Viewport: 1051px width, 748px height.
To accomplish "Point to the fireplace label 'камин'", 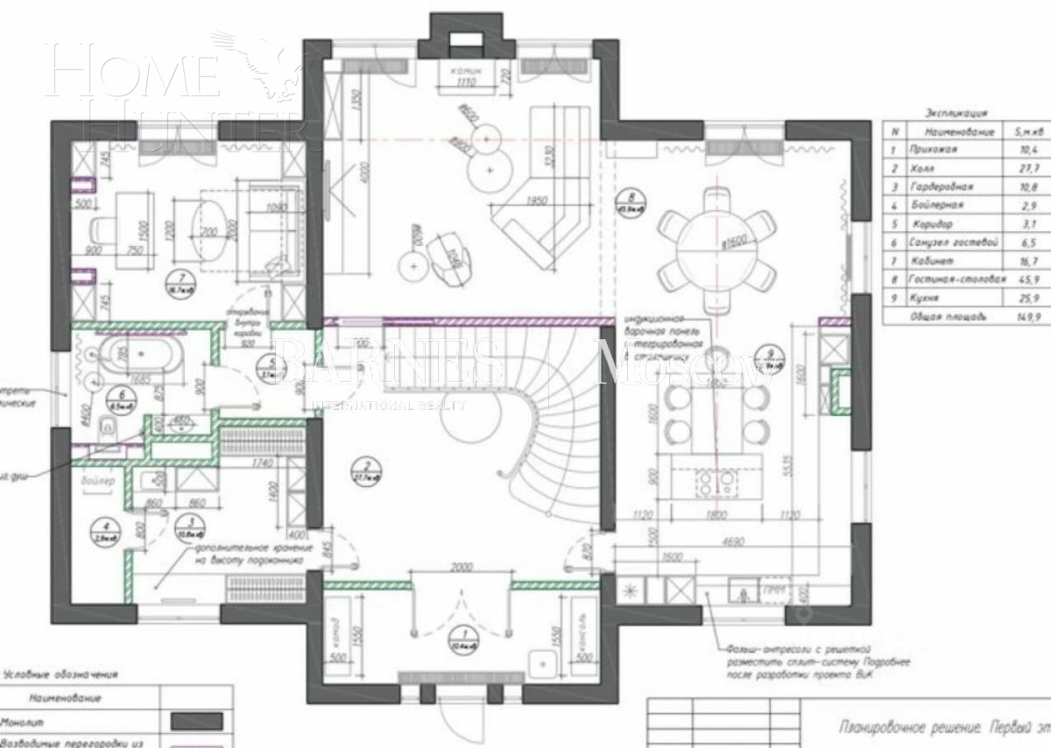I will (462, 71).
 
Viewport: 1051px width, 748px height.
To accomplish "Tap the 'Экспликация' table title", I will (956, 112).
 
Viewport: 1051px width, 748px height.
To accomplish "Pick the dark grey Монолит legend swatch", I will (196, 720).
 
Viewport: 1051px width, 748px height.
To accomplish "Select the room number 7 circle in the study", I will (180, 281).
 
